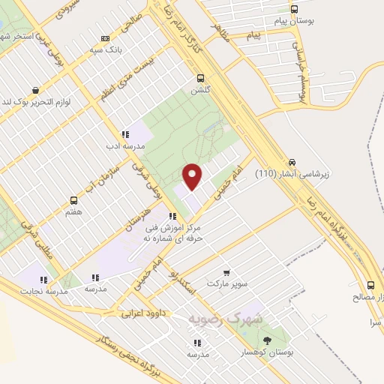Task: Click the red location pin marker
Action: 193,176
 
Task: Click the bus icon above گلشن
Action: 200,78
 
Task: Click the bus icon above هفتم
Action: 73,201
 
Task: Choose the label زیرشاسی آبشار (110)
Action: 292,174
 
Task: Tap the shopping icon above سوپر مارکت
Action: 227,274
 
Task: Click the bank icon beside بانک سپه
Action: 105,38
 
